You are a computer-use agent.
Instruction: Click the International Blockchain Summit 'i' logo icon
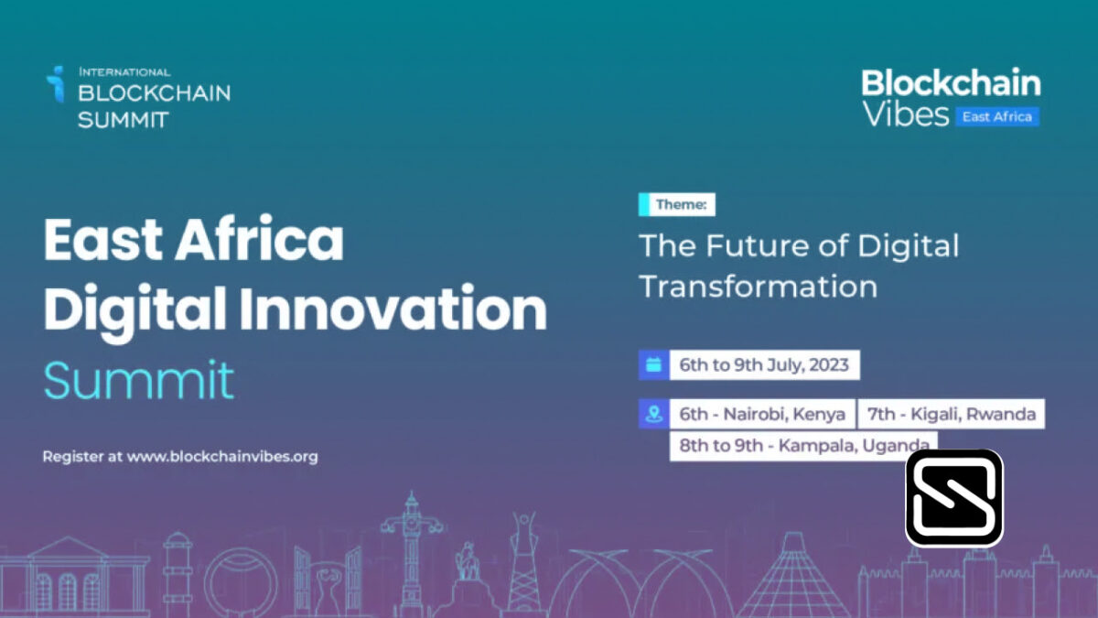click(x=56, y=84)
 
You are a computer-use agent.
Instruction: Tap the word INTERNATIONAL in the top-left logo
click(x=125, y=72)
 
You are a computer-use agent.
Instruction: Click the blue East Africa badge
click(x=997, y=117)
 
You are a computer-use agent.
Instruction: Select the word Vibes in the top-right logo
click(x=905, y=114)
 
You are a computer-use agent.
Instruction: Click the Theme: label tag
click(x=677, y=204)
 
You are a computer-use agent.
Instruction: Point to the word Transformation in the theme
click(x=759, y=287)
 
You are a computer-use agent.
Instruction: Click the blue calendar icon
click(x=654, y=365)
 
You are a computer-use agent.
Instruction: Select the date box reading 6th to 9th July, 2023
click(x=764, y=365)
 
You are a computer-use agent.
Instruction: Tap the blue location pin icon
click(x=654, y=414)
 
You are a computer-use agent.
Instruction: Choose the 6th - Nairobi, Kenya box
click(x=762, y=414)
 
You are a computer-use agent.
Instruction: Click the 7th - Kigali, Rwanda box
click(x=952, y=414)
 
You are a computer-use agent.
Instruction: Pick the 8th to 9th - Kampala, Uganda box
click(x=804, y=446)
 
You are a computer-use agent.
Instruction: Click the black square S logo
click(x=954, y=498)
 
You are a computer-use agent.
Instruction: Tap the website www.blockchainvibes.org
click(x=222, y=457)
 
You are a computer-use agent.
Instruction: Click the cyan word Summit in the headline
click(x=139, y=381)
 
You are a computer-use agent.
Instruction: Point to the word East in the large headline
click(x=102, y=239)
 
